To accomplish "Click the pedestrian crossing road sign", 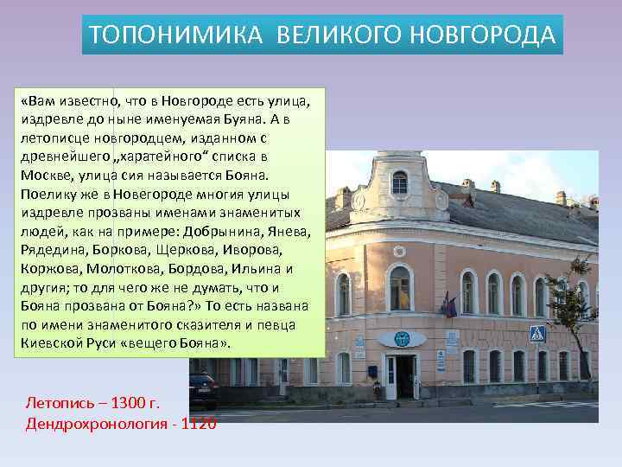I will click(536, 333).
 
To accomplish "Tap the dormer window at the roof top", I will click(399, 182).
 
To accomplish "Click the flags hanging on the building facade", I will click(447, 304).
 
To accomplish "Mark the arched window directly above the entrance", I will click(399, 288).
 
